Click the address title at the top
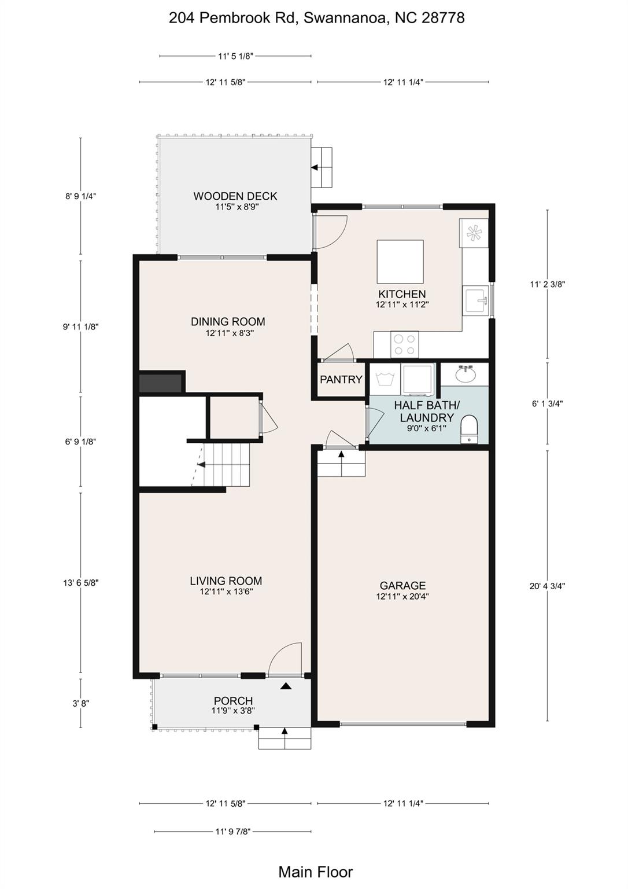[x=316, y=19]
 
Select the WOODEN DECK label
[x=235, y=196]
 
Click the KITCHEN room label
[x=402, y=294]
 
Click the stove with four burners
[x=405, y=344]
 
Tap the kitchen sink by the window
[x=476, y=301]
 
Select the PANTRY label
[x=341, y=380]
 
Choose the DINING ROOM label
[x=228, y=321]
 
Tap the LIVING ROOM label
[x=226, y=581]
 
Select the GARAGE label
[x=403, y=585]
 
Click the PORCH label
[x=233, y=701]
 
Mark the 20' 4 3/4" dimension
[x=548, y=586]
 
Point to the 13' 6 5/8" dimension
[x=81, y=583]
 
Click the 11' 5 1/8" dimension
[x=235, y=56]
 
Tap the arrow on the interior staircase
[x=201, y=464]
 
